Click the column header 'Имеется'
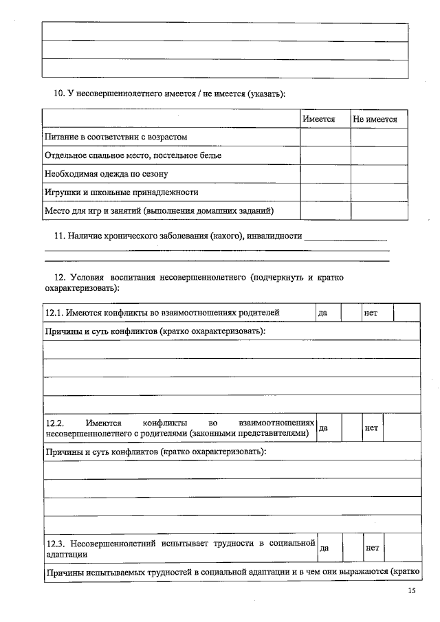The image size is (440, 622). tap(318, 119)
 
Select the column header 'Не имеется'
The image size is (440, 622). tap(375, 119)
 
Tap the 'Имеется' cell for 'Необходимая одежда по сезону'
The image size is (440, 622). tap(325, 174)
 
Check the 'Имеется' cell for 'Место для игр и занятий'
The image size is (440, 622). tap(325, 210)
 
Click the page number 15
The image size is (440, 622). tap(412, 591)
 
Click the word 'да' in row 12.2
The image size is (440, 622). tap(324, 427)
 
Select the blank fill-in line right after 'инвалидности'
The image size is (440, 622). tap(345, 238)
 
